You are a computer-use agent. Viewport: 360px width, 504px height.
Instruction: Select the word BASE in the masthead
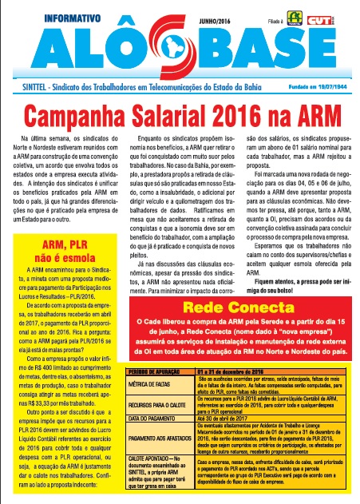271,53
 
